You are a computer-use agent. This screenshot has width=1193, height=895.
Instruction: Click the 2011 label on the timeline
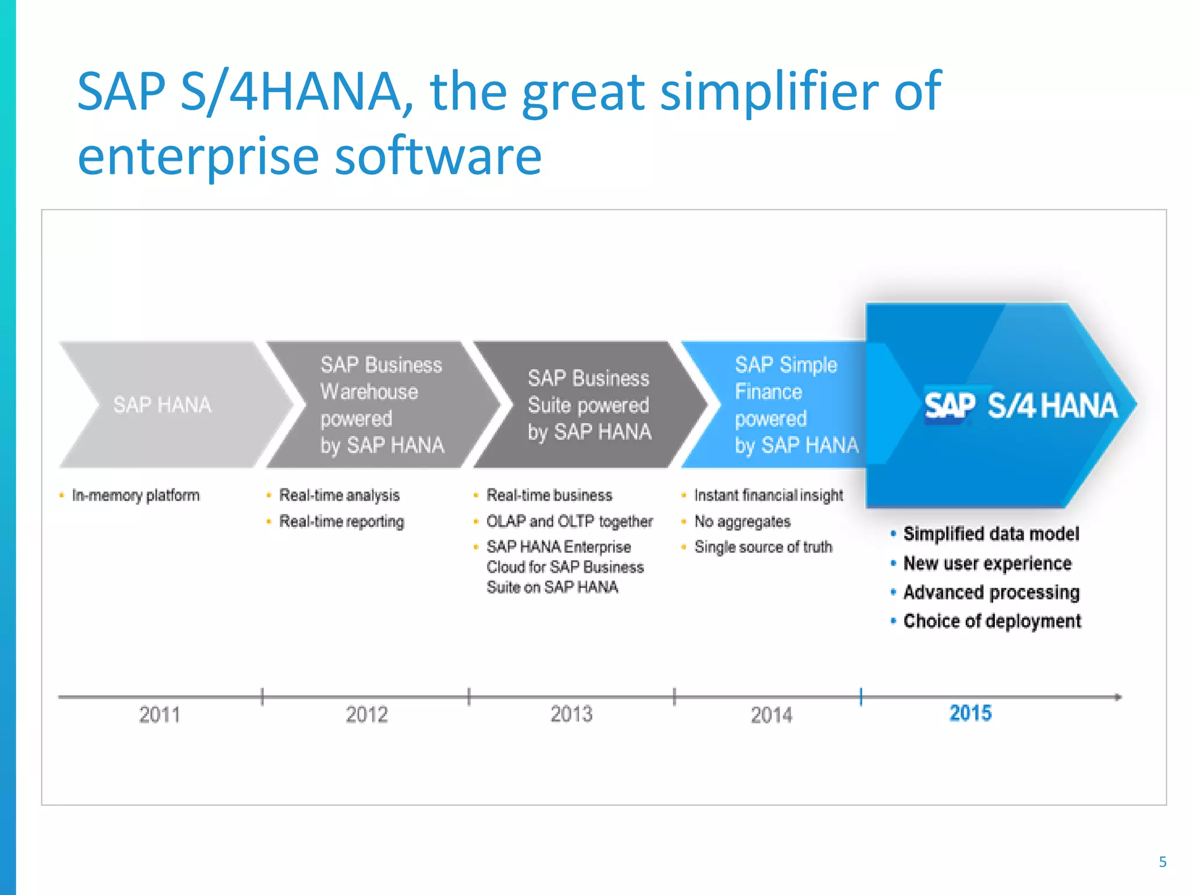tap(159, 714)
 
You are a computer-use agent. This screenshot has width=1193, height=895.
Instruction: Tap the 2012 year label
tap(366, 714)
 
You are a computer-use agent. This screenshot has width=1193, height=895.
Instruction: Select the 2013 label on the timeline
tap(571, 714)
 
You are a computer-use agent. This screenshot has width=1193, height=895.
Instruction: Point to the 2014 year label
tap(771, 715)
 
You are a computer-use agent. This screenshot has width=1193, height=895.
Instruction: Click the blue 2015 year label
tap(970, 713)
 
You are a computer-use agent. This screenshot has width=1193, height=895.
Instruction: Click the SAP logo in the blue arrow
tap(950, 406)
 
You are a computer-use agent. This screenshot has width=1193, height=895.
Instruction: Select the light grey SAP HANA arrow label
tap(162, 405)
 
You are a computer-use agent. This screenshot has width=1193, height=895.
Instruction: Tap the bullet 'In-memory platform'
tap(135, 495)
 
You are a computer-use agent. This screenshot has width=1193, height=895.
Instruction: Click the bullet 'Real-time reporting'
tap(341, 521)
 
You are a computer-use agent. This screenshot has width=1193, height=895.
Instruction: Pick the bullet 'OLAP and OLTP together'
tap(569, 521)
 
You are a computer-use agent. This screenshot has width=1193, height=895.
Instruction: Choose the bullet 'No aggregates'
tap(742, 521)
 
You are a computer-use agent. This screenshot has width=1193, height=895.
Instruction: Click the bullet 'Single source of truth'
tap(763, 547)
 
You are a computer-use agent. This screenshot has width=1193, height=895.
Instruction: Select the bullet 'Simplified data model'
tap(991, 534)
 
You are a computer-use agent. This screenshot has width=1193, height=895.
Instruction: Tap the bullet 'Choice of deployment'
tap(992, 621)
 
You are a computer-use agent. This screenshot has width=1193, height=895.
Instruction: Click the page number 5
tap(1163, 862)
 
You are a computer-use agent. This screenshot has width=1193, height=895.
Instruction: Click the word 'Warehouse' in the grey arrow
tap(369, 392)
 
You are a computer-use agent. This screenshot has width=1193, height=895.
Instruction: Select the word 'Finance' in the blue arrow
tap(768, 392)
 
